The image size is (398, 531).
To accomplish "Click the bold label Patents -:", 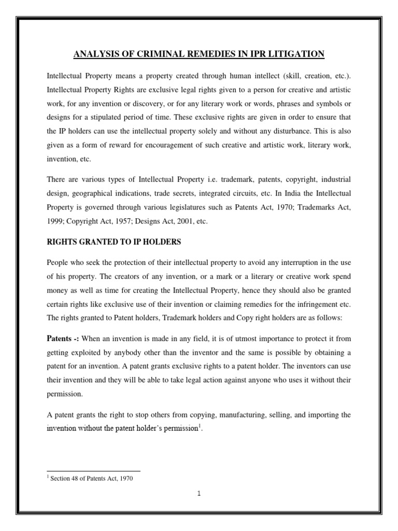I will click(x=62, y=339).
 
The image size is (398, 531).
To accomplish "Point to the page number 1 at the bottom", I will click(x=198, y=494).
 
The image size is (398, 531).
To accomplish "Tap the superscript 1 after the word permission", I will click(x=200, y=427).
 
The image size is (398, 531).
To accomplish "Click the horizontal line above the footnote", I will click(x=93, y=471).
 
